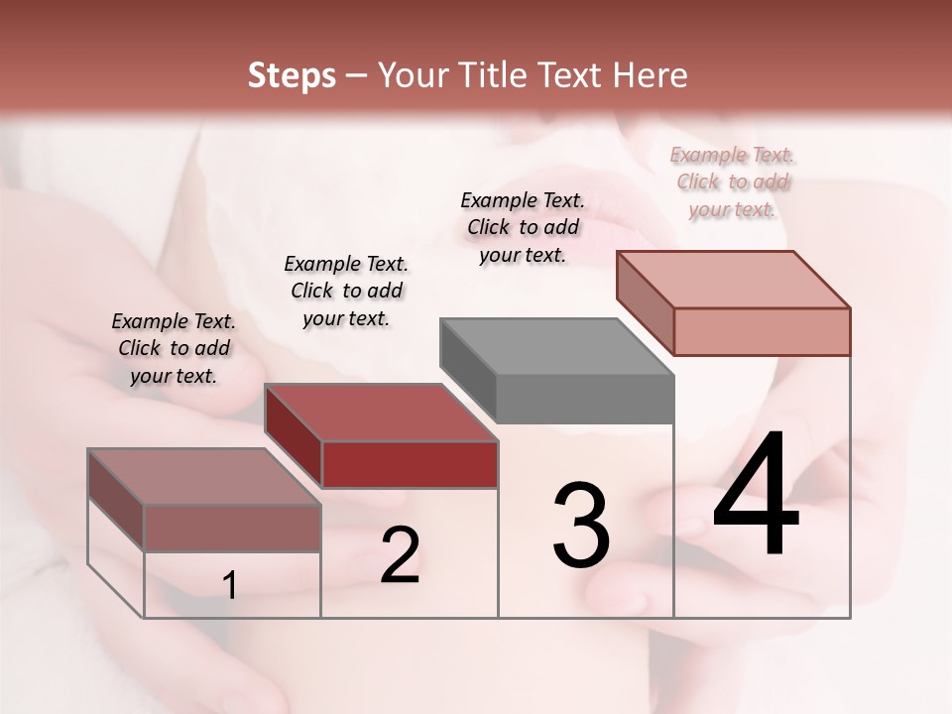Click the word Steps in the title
click(x=292, y=75)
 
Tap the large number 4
click(x=756, y=495)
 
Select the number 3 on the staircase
click(x=581, y=525)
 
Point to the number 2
click(x=400, y=555)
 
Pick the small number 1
click(x=230, y=586)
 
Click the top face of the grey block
click(x=555, y=347)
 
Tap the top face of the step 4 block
click(x=733, y=279)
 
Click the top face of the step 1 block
click(x=203, y=477)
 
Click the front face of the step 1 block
click(x=232, y=528)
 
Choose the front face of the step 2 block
click(x=410, y=464)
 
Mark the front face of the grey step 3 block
click(x=585, y=400)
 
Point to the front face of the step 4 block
click(x=762, y=331)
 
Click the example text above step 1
click(x=174, y=348)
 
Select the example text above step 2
click(x=346, y=291)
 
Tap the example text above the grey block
click(x=523, y=227)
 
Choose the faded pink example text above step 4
click(x=733, y=181)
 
